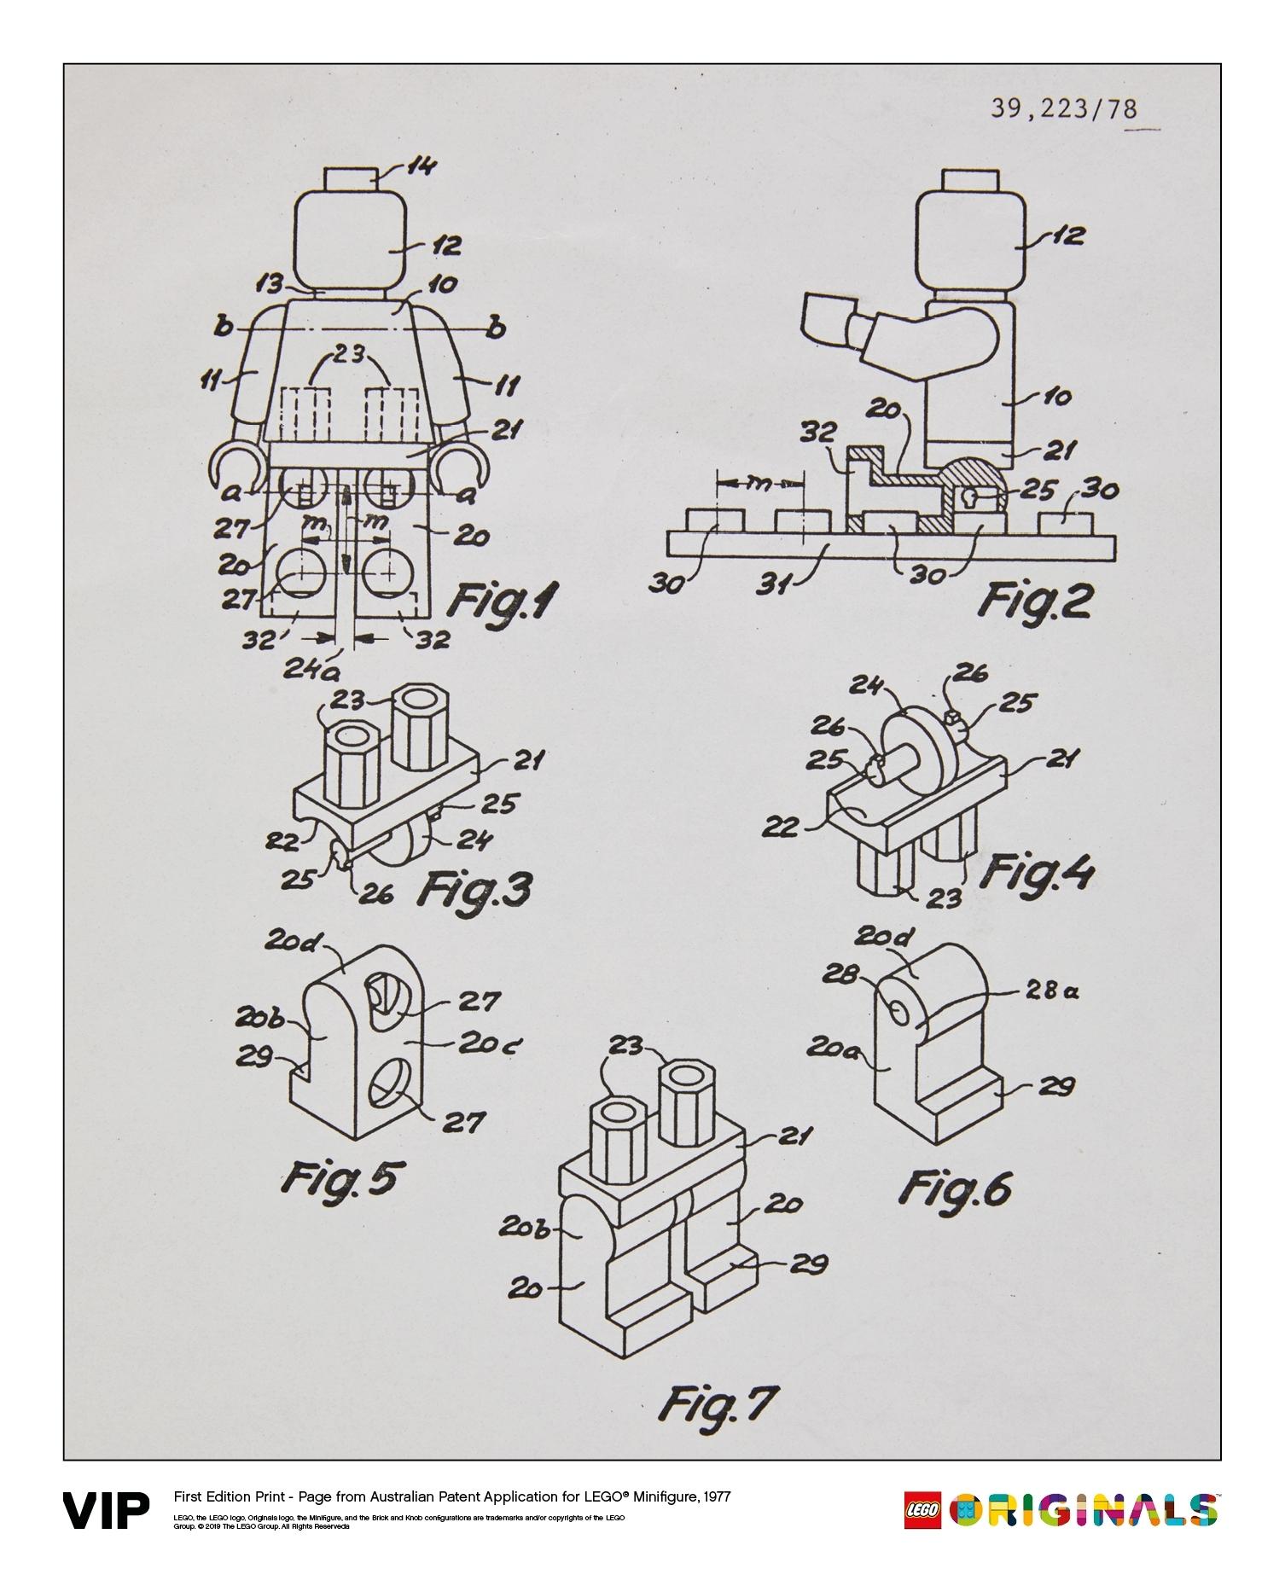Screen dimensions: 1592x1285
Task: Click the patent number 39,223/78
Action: pos(1063,109)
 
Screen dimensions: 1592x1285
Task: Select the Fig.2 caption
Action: pos(1034,601)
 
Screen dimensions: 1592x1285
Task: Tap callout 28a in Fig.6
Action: pos(1053,991)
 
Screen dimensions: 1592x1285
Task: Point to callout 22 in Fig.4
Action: pos(781,826)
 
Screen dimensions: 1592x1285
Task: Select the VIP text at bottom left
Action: pos(106,1512)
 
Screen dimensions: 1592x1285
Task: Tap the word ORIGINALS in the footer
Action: pos(1084,1511)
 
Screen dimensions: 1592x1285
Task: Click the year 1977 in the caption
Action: pos(713,1496)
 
